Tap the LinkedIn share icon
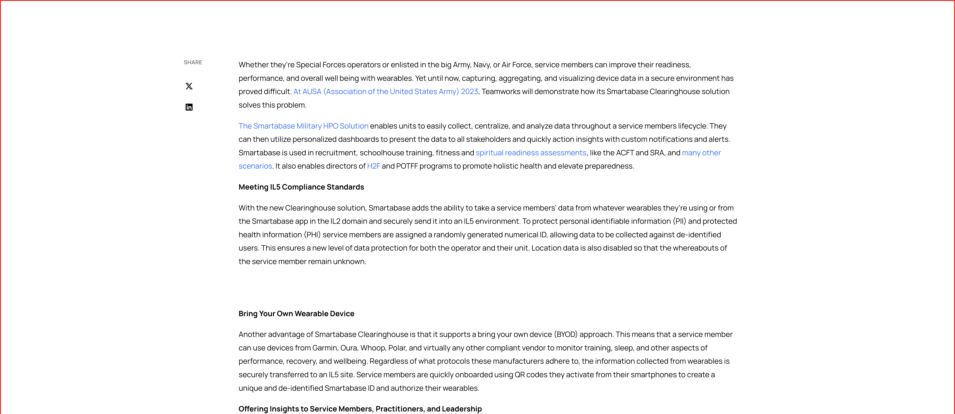click(x=189, y=107)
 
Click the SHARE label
click(x=193, y=62)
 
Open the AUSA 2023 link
click(x=386, y=92)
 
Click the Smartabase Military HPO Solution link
click(x=303, y=126)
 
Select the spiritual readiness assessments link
click(x=531, y=153)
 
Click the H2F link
click(x=373, y=166)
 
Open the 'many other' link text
click(x=701, y=153)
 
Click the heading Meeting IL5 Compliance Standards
click(x=301, y=187)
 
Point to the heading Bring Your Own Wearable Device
click(x=296, y=314)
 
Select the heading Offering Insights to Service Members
click(x=360, y=409)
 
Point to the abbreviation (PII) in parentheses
click(x=678, y=221)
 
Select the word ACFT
click(x=625, y=153)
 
